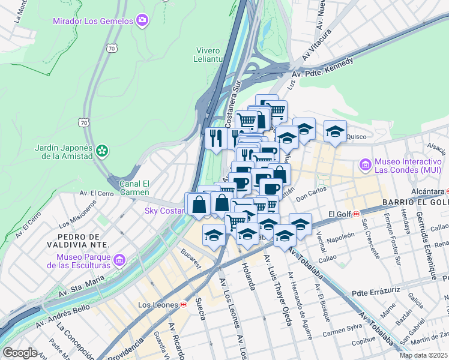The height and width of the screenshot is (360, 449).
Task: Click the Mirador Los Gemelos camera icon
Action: pyautogui.click(x=142, y=21)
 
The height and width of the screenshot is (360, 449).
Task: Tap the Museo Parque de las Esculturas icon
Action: pyautogui.click(x=119, y=260)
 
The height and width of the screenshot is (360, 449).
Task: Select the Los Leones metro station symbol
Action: pyautogui.click(x=182, y=305)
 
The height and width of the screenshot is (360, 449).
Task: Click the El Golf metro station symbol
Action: pyautogui.click(x=356, y=214)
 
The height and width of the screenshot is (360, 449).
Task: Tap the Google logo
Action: pyautogui.click(x=20, y=352)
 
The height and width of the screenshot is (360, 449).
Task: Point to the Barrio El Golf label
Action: pyautogui.click(x=415, y=202)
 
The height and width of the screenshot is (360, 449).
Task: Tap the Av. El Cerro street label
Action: pyautogui.click(x=96, y=194)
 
